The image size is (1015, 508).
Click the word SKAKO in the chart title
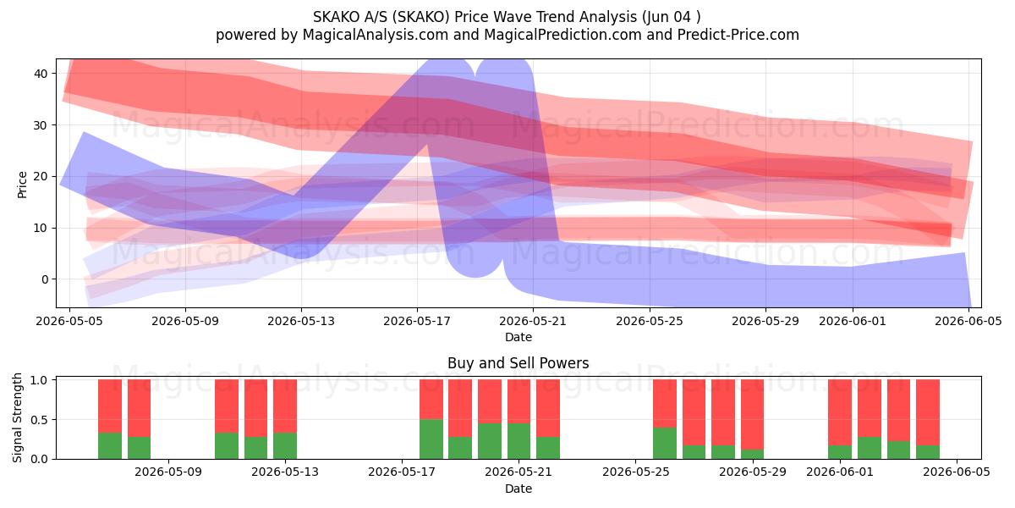[x=334, y=17]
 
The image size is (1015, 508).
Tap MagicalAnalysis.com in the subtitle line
[x=376, y=35]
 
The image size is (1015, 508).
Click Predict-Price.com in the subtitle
[x=738, y=35]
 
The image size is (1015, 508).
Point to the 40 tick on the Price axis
[x=41, y=74]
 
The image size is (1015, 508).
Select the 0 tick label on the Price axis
[x=45, y=279]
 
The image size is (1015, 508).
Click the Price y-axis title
[x=22, y=185]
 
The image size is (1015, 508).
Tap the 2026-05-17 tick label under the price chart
[x=417, y=321]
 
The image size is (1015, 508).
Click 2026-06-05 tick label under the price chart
[x=968, y=321]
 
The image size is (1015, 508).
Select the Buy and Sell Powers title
[x=518, y=363]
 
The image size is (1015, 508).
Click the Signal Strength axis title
[x=17, y=417]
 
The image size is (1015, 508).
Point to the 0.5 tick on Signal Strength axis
[x=41, y=420]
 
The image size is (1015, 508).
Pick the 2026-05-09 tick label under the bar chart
[x=168, y=472]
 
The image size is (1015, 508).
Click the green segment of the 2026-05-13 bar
[x=285, y=446]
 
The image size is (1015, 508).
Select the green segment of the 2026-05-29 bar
[x=752, y=454]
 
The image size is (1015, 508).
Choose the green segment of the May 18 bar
[x=431, y=439]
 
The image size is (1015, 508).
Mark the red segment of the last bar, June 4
[x=928, y=412]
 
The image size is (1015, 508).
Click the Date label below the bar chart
[x=518, y=489]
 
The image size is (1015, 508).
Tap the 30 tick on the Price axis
[x=41, y=125]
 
